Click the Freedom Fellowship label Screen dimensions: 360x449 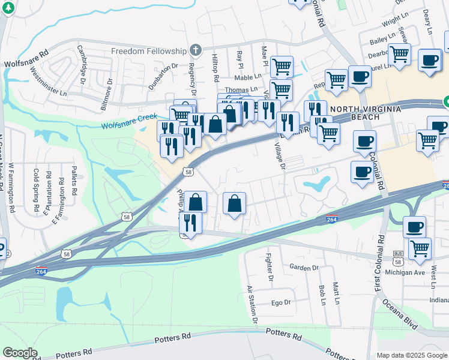pyautogui.click(x=149, y=50)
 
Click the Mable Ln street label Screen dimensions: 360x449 pyautogui.click(x=249, y=77)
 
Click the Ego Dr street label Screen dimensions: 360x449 pyautogui.click(x=281, y=303)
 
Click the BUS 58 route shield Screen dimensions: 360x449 pyautogui.click(x=397, y=259)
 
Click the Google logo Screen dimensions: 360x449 pyautogui.click(x=20, y=352)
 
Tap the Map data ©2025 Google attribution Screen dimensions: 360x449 pyautogui.click(x=411, y=355)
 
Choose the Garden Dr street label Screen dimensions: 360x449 pyautogui.click(x=303, y=268)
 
